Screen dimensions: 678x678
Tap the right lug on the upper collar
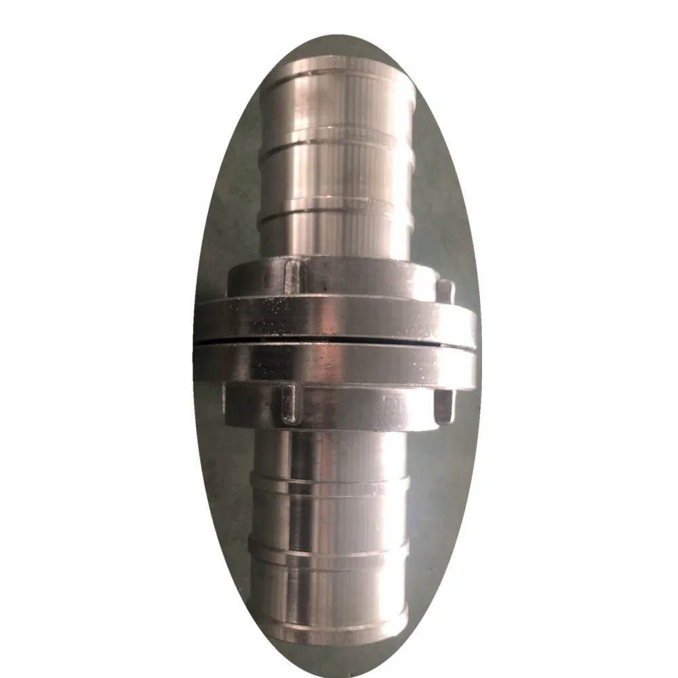click(444, 292)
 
